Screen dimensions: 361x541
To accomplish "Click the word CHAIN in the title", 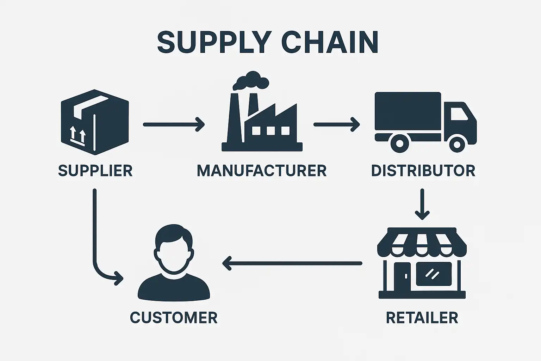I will point(330,42).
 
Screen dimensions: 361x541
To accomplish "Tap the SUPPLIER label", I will point(95,171).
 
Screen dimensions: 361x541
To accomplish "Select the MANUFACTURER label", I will point(262,171).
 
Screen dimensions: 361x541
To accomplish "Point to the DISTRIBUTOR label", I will point(423,171).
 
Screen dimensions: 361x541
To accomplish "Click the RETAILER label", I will point(422,318).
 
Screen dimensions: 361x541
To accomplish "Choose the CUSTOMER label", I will point(174,318).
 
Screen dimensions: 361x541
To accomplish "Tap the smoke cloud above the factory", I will point(251,81).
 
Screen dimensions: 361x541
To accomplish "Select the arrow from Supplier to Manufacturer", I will point(173,124).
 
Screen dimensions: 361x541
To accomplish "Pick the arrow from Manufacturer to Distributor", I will point(336,124).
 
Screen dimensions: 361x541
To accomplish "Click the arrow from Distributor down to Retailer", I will point(422,204).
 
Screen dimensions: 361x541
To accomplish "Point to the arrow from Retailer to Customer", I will point(292,263).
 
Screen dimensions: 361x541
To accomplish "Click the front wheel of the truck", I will point(457,144).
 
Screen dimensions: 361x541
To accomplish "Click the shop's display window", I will point(434,274).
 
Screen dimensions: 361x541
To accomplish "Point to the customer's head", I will point(174,249).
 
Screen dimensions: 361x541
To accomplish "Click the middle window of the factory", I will point(271,131).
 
